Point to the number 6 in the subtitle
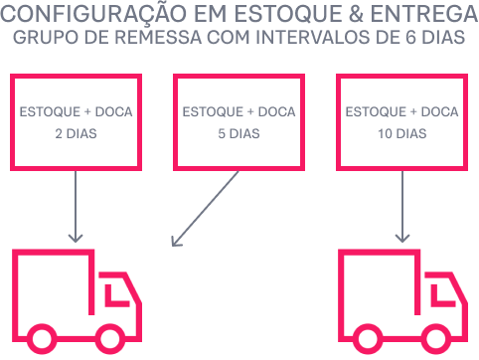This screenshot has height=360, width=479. [400, 41]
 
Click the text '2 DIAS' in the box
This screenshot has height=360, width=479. [77, 131]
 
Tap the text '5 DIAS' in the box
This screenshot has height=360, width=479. [239, 131]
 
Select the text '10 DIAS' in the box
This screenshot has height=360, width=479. [401, 131]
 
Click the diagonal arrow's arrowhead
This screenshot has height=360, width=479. [176, 242]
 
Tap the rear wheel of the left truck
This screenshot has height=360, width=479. [42, 338]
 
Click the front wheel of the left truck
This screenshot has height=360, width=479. [109, 338]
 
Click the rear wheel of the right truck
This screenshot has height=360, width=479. [368, 338]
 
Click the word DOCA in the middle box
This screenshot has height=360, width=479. [275, 111]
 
